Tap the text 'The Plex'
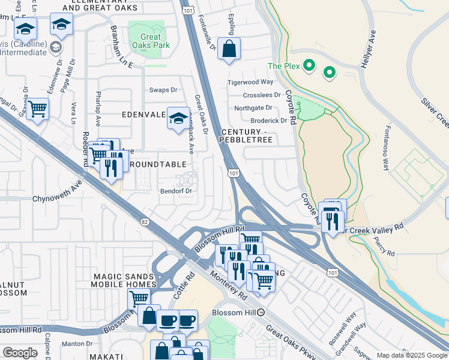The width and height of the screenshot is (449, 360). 283,66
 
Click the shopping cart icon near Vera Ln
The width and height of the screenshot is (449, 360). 37,110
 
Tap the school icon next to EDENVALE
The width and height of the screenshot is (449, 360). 178,119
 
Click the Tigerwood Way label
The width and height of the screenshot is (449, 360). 250,82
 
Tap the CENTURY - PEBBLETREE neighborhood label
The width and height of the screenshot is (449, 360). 247,136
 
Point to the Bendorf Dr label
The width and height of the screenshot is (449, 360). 175,191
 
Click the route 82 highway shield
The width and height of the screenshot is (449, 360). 143,222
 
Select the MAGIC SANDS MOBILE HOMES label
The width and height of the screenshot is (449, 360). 124,280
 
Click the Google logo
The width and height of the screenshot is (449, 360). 20,353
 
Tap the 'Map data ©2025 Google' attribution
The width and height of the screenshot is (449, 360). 412,355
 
